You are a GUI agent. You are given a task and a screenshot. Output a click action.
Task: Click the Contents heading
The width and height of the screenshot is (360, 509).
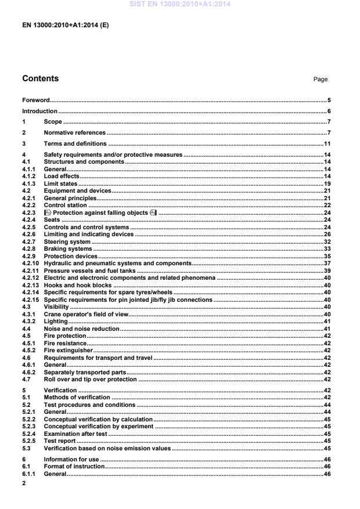pos(40,78)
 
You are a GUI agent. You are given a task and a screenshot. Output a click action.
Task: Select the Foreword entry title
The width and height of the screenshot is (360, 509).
pos(35,100)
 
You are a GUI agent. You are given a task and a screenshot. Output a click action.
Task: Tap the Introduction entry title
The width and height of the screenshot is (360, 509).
pos(39,111)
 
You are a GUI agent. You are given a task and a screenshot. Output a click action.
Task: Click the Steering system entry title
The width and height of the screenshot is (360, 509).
pos(67,241)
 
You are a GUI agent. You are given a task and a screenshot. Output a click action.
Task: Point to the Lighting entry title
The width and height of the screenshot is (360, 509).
pos(56,321)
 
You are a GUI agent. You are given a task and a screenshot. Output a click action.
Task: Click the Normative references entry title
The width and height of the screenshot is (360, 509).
pos(75,133)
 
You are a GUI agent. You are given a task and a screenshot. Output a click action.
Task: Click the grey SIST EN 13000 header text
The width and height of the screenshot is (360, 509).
pos(179,4)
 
